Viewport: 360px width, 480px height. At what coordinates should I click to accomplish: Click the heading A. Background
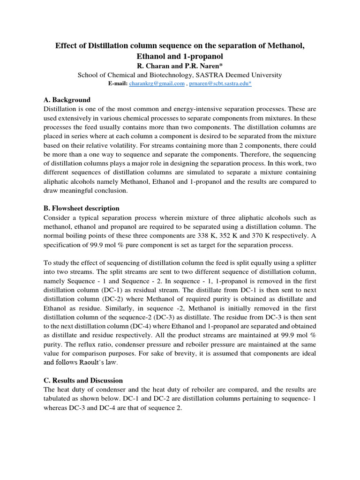(67, 100)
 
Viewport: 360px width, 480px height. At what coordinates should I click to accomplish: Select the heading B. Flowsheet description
(81, 208)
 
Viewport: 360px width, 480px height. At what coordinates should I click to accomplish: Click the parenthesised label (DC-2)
(125, 299)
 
